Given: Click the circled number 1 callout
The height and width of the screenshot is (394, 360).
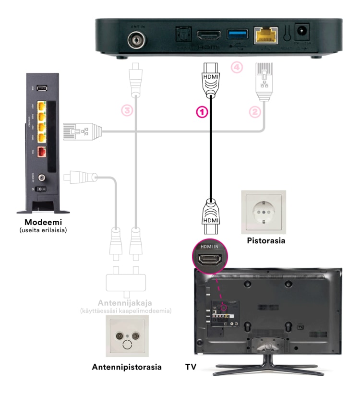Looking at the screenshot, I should coord(202,111).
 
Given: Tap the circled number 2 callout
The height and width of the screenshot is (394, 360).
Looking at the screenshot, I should coord(255,111).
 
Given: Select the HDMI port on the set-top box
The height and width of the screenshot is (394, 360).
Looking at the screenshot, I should coord(208,35).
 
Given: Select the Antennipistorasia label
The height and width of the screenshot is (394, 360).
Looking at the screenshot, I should coord(126,368).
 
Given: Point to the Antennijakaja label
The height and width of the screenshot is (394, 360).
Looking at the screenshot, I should coord(126,303).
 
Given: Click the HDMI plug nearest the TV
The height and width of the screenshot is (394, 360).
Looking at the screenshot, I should coord(210,213).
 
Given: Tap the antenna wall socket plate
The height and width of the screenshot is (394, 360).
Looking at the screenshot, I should coord(126,340).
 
